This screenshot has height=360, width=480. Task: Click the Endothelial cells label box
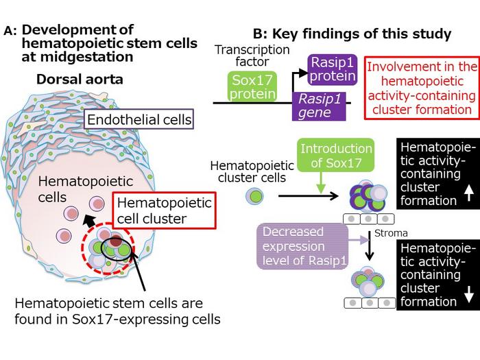139,121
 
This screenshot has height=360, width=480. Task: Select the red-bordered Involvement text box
420,88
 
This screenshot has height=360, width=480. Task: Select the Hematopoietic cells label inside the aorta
76,189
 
